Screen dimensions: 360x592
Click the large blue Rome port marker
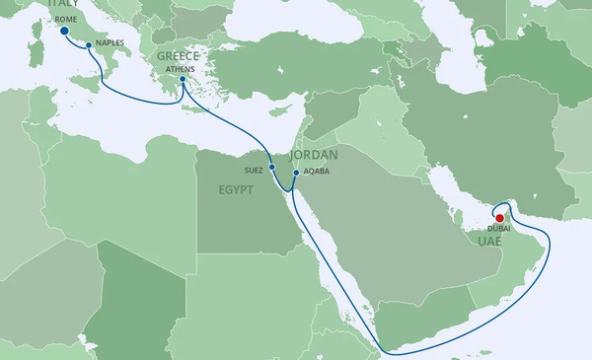point(64,32)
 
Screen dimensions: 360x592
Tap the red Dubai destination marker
point(499,219)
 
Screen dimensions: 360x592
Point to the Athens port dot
point(183,80)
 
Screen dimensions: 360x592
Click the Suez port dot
point(271,168)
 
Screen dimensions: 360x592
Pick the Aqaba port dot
point(296,173)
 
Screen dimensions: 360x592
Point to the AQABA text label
point(316,171)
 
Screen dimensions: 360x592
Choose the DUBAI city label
point(499,231)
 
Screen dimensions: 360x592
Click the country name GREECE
point(178,57)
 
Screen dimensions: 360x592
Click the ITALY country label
point(62,5)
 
